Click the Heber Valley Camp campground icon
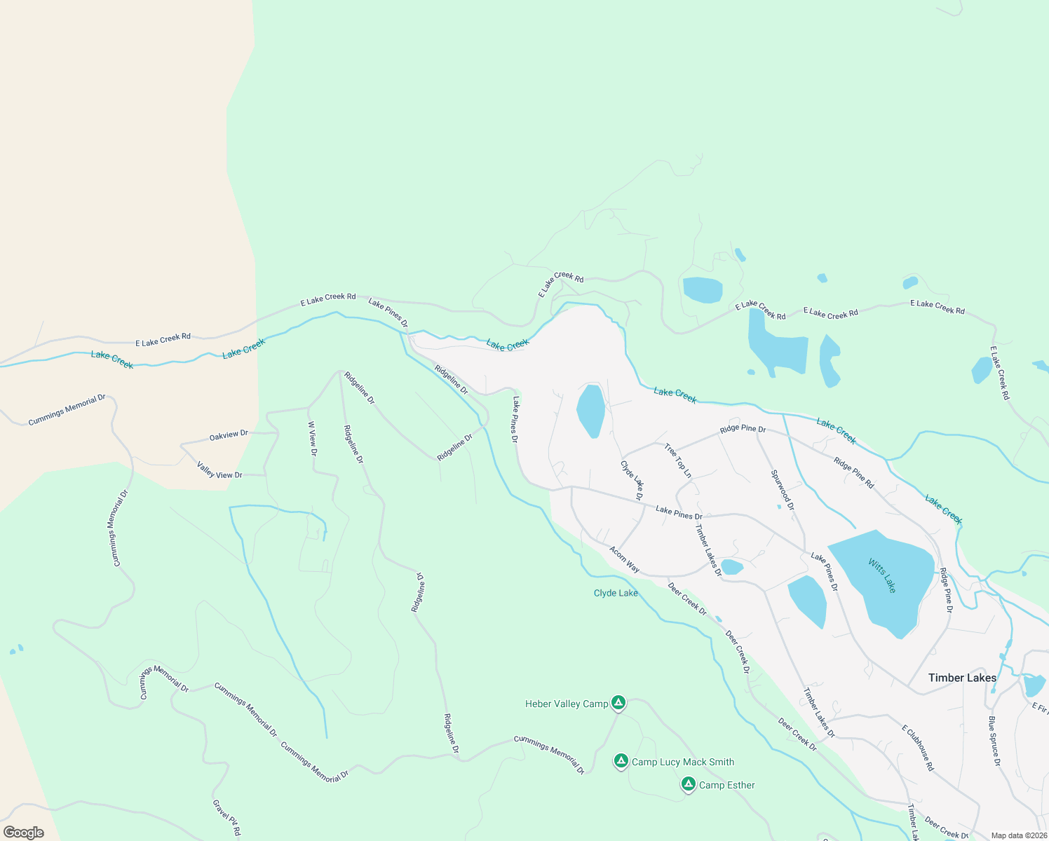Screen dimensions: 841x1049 [618, 702]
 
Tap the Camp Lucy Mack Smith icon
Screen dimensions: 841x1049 [621, 760]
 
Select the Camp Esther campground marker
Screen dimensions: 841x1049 [689, 784]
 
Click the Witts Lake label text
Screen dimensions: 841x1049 [882, 575]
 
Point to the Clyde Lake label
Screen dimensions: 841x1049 [616, 593]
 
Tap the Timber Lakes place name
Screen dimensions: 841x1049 [962, 678]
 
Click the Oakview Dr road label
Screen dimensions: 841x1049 [229, 436]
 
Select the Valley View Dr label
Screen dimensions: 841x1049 [219, 470]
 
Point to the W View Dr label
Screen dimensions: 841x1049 [313, 439]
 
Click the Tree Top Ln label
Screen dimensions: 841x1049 [677, 461]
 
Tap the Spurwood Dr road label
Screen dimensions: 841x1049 [783, 490]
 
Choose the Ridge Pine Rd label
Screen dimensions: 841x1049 [853, 472]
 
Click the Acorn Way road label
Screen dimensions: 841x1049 [624, 559]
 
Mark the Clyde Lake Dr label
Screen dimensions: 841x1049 [632, 479]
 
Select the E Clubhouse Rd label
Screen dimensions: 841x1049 [918, 748]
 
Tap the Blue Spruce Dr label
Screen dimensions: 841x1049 [994, 741]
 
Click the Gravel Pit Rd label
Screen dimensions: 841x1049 [226, 818]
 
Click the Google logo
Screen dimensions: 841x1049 [24, 833]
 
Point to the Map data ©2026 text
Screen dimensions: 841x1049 [1018, 835]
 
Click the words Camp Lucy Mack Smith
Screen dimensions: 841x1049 [683, 762]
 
